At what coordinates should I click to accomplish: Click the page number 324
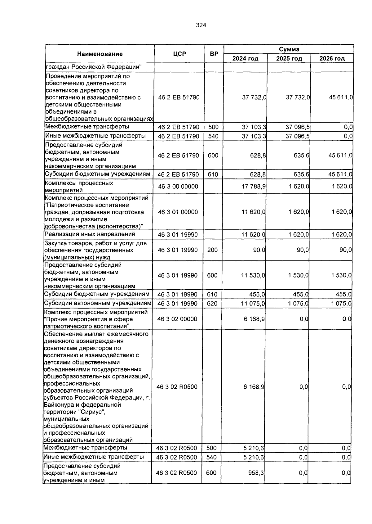click(x=201, y=25)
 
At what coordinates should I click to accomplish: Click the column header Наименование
click(x=100, y=54)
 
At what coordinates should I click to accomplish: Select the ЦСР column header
click(x=179, y=54)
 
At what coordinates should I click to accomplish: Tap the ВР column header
click(x=214, y=54)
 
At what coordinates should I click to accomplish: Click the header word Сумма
click(x=289, y=49)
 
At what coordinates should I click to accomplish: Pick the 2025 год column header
click(x=289, y=59)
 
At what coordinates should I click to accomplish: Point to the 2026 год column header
click(x=332, y=59)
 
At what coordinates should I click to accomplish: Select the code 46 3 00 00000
click(x=178, y=187)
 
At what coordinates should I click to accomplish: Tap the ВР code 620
click(x=212, y=304)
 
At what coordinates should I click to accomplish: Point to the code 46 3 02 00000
click(x=177, y=319)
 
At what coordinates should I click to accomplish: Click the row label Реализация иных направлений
click(x=90, y=234)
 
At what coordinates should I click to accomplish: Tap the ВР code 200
click(x=212, y=250)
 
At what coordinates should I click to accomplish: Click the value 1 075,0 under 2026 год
click(x=341, y=304)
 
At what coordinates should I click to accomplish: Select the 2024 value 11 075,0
click(x=253, y=304)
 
